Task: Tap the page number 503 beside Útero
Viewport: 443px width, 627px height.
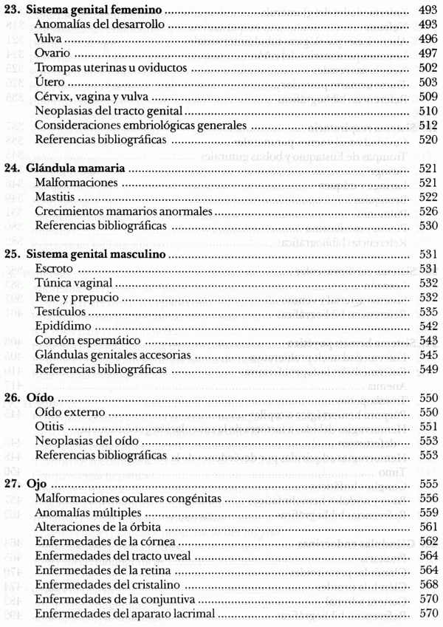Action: (428, 80)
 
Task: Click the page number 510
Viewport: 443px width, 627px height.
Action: (428, 110)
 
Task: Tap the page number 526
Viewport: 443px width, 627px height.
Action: (428, 211)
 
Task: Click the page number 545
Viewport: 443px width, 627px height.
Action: (428, 354)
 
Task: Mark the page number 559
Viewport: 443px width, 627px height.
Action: (428, 513)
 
